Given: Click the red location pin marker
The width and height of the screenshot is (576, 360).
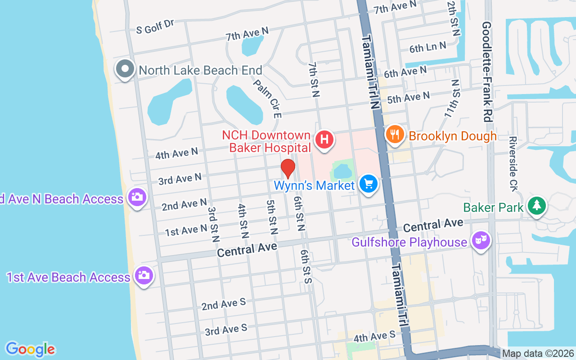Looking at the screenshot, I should (288, 168).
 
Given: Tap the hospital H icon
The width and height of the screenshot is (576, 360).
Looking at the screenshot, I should (324, 139).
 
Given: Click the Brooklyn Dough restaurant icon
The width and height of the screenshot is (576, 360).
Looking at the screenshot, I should (394, 134).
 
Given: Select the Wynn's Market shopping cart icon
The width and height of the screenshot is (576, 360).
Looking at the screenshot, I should (369, 184).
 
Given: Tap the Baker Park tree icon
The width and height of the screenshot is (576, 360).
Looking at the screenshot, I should (536, 206).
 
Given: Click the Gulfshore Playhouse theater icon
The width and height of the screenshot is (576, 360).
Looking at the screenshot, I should (481, 241).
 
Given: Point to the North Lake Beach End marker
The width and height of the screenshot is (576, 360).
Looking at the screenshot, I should (125, 69).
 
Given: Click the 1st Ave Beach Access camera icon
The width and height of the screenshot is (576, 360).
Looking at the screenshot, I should (144, 275).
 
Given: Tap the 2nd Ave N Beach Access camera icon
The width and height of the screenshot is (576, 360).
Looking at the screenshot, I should (137, 197).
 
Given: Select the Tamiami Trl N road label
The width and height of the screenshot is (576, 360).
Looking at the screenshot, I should (370, 72).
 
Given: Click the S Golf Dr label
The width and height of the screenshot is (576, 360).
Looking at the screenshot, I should (155, 27).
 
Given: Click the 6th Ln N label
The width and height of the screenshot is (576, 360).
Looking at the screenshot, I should (427, 47).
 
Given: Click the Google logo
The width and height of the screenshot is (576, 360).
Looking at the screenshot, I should (30, 349).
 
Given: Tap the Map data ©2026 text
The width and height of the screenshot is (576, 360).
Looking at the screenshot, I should (538, 354).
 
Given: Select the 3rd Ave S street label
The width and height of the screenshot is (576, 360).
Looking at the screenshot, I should (226, 329).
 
